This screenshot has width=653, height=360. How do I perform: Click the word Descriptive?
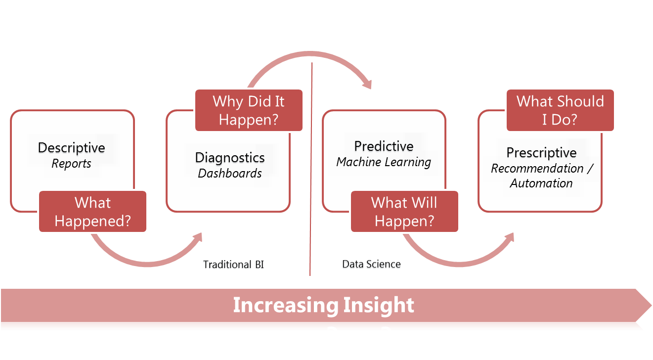tap(72, 147)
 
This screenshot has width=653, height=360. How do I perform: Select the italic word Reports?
tap(72, 164)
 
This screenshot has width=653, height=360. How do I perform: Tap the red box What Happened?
tap(93, 211)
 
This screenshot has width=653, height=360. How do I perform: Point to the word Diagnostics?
tap(230, 157)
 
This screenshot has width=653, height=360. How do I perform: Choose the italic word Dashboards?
tap(230, 173)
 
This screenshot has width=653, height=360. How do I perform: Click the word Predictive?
tap(384, 146)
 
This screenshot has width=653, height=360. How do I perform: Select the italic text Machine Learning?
tap(384, 162)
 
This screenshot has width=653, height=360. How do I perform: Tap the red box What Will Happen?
tap(404, 211)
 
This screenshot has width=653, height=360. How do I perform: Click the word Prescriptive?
tap(541, 152)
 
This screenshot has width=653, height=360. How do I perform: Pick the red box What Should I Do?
tap(560, 110)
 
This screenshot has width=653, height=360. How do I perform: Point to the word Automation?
tap(541, 183)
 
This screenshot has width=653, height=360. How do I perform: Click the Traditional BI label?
tap(233, 265)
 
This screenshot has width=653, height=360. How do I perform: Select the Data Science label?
tap(371, 264)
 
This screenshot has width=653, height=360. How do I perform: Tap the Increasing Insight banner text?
tap(323, 305)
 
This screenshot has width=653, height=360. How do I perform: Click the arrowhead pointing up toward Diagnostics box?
tap(198, 238)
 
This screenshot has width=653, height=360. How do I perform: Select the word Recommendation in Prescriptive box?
tap(537, 168)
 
